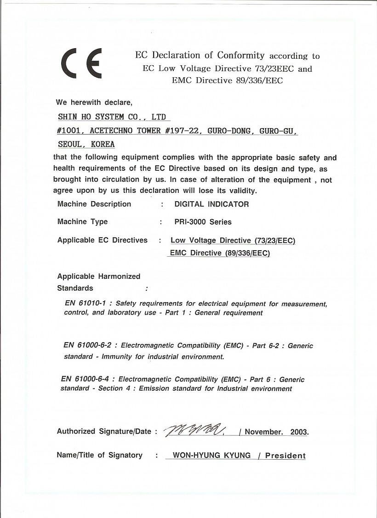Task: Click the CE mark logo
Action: (x=81, y=64)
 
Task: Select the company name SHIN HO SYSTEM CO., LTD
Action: (x=112, y=117)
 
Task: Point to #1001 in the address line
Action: (x=69, y=131)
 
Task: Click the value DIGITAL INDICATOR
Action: (x=211, y=204)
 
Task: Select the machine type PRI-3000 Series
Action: (x=203, y=222)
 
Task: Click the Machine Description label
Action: (x=94, y=204)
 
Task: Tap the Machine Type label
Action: (x=82, y=222)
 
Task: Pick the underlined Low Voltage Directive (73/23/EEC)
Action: (x=233, y=240)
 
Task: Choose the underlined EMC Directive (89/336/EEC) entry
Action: (x=220, y=253)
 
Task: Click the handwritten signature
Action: (x=193, y=430)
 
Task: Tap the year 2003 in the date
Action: (x=299, y=432)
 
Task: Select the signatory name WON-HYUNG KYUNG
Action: (x=211, y=456)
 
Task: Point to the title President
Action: (x=285, y=456)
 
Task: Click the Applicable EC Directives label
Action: (x=102, y=240)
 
